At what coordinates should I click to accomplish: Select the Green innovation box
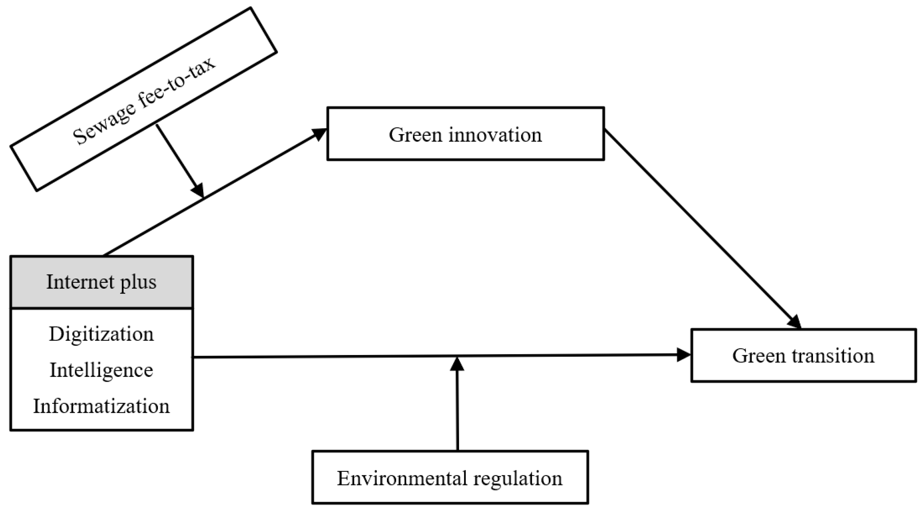[x=465, y=134]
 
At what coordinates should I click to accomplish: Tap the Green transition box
[x=803, y=355]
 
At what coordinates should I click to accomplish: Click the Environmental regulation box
[x=450, y=477]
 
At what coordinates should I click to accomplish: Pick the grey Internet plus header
[x=102, y=282]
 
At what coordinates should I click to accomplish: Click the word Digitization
[x=102, y=334]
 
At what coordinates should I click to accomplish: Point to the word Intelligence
[x=102, y=370]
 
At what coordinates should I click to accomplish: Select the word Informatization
[x=102, y=406]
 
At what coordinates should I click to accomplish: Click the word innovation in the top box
[x=495, y=135]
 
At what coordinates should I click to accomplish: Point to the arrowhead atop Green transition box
[x=795, y=322]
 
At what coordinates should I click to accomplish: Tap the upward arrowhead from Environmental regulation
[x=457, y=364]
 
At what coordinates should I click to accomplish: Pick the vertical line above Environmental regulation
[x=458, y=412]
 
